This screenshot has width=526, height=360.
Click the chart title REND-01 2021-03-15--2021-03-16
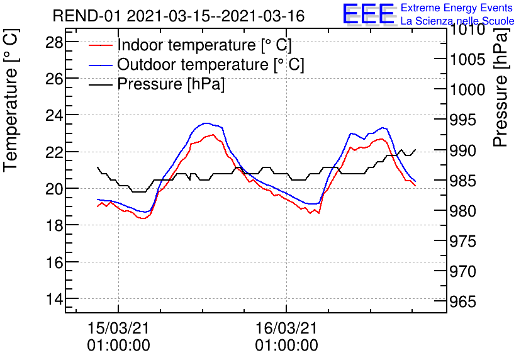click(x=179, y=16)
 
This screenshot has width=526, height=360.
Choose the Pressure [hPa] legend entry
click(x=171, y=84)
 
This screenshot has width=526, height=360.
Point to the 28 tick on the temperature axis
click(x=54, y=42)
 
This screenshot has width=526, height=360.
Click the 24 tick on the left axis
click(x=54, y=116)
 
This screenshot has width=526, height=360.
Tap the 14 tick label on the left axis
click(x=54, y=299)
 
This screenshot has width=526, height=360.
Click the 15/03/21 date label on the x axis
click(x=118, y=328)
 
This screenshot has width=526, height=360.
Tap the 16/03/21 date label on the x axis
click(x=286, y=328)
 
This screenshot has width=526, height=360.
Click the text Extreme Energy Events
click(x=457, y=8)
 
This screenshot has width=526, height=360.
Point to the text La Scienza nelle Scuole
click(x=457, y=21)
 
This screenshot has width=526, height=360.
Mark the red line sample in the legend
click(x=101, y=45)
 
